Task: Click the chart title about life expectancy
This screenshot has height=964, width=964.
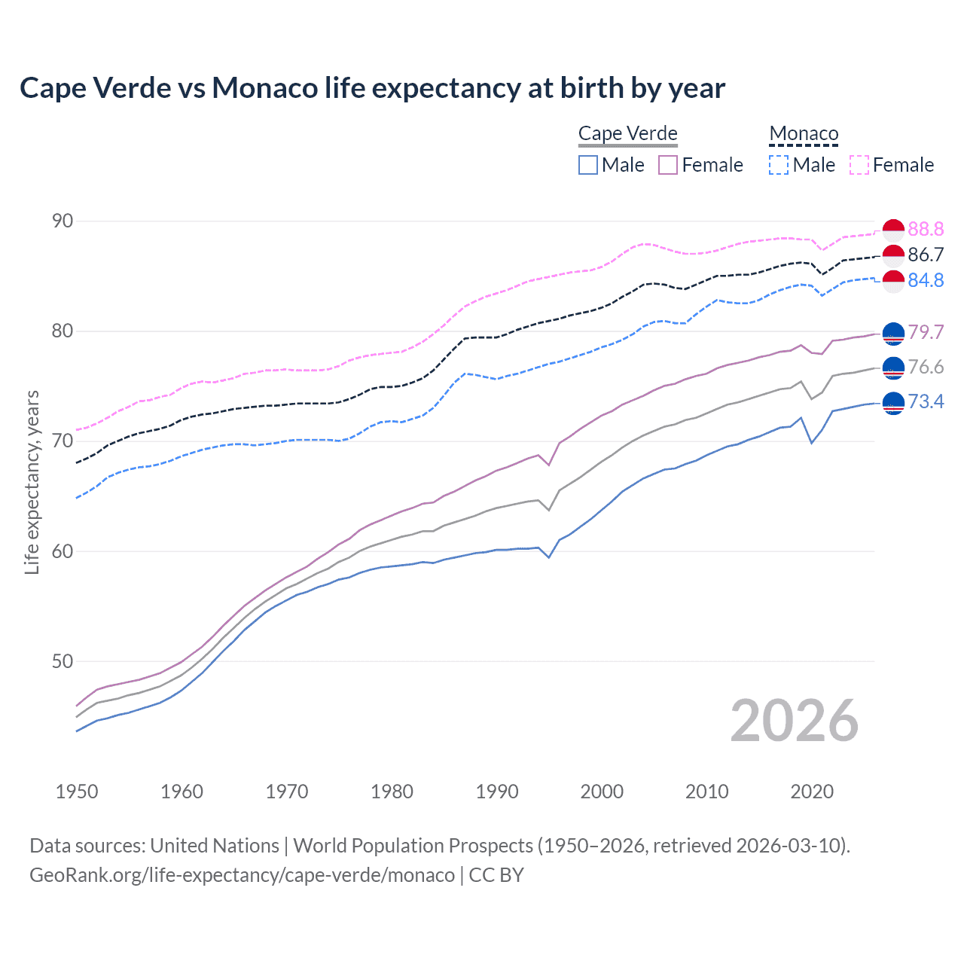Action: tap(372, 88)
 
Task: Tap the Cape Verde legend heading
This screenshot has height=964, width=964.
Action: tap(627, 133)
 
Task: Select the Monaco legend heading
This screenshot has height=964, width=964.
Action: tap(803, 134)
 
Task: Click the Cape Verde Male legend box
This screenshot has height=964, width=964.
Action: tap(588, 165)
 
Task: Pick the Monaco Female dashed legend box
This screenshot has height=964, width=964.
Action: tap(859, 165)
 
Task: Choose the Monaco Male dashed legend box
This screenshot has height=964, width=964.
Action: tap(779, 165)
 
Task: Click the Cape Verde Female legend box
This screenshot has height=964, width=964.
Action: tap(668, 165)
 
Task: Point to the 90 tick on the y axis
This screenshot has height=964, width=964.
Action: tap(63, 221)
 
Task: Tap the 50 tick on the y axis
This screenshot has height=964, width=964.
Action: tap(63, 661)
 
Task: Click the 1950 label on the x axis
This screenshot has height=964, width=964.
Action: tap(77, 792)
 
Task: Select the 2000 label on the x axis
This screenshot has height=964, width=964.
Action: tap(601, 792)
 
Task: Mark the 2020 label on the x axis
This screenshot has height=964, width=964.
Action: tap(811, 792)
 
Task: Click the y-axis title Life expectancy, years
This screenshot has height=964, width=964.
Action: tap(32, 482)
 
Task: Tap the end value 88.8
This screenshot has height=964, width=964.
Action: tap(926, 229)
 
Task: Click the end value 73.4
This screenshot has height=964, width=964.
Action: tap(926, 401)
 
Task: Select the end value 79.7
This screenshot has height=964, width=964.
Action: tap(926, 332)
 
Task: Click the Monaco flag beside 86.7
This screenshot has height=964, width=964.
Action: tap(893, 255)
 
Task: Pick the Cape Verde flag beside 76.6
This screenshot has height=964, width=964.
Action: tap(893, 368)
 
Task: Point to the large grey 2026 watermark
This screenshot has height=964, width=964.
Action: tap(795, 721)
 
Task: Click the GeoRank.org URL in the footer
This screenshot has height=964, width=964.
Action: tap(242, 875)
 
